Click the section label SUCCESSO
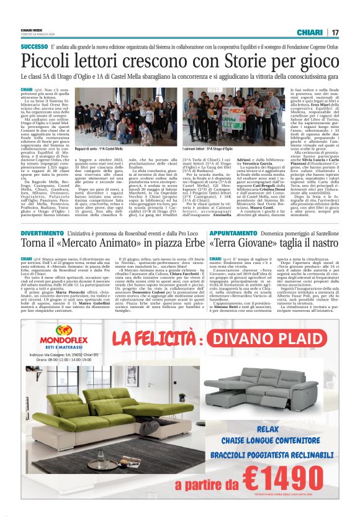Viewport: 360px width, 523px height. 34,47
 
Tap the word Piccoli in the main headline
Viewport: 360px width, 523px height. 49,63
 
